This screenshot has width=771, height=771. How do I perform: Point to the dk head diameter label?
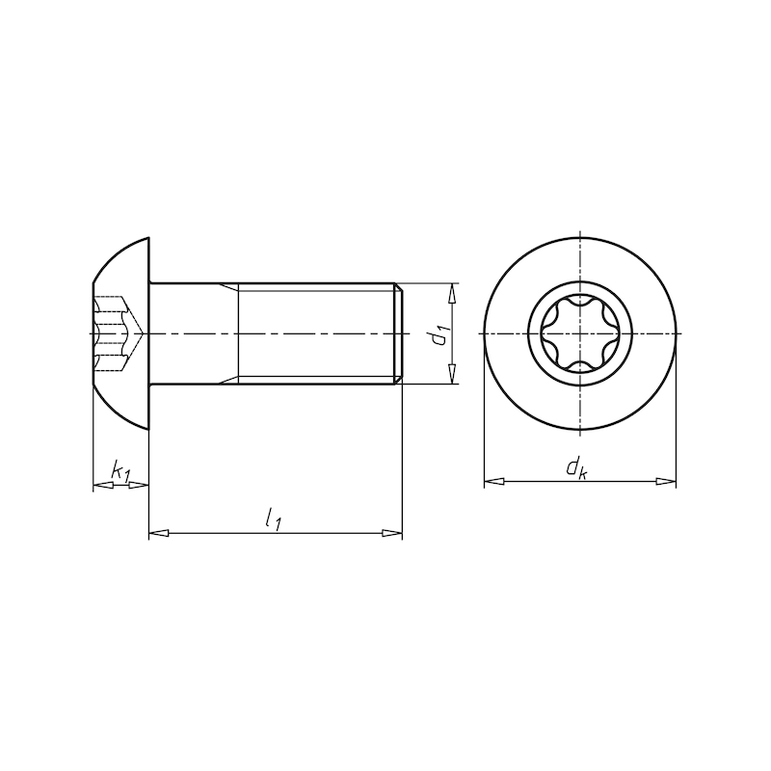point(576,468)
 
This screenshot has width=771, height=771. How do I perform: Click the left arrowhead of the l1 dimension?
point(157,532)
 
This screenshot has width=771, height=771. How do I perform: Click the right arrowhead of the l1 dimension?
point(393,532)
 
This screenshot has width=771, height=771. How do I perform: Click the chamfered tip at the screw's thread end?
point(398,333)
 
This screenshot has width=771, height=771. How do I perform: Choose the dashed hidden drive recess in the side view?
point(116,333)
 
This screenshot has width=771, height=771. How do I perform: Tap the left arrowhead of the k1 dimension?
point(99,485)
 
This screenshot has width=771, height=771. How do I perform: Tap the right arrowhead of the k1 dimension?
point(143,485)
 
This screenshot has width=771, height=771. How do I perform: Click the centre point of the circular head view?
point(580,333)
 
